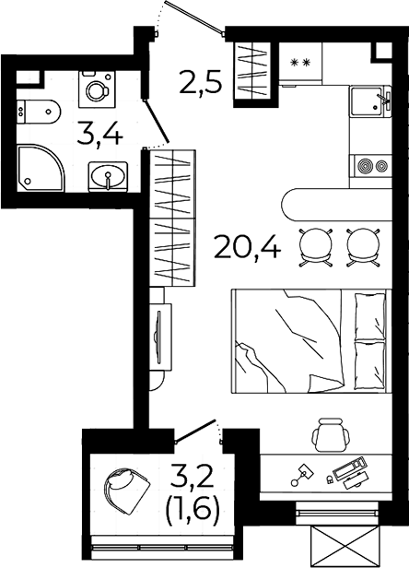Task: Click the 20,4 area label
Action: pos(248,247)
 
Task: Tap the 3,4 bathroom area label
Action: pos(99,134)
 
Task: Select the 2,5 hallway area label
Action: pos(200,83)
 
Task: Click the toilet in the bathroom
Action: pos(39,112)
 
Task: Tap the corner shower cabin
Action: pos(40,169)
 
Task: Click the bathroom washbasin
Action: pos(108,176)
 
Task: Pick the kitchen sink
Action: pos(370,101)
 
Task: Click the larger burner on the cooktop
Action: pos(365,167)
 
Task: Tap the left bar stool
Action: pos(315,248)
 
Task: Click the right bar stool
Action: pos(363,248)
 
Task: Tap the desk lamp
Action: pos(302,475)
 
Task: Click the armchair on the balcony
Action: pos(126,490)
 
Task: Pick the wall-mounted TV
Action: pos(158,337)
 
